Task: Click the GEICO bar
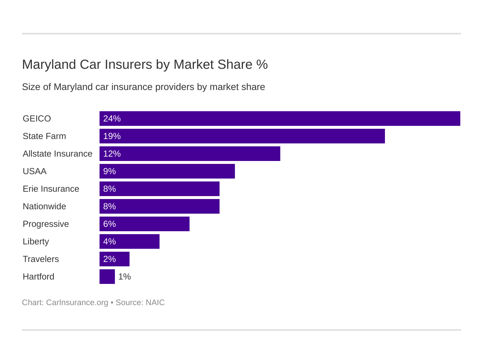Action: pos(280,119)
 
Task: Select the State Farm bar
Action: pos(242,136)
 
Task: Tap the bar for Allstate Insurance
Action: pos(190,154)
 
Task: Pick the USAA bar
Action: pos(167,171)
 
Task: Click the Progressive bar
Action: pos(145,224)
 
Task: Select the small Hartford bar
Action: pos(107,277)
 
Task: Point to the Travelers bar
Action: pos(115,259)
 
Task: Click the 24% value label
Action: pos(112,119)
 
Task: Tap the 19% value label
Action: pos(112,136)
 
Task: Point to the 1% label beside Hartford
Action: pos(124,277)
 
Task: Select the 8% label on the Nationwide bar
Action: pos(109,206)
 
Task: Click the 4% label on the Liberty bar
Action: pos(109,241)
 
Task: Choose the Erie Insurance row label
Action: pos(51,189)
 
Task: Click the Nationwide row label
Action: pos(44,206)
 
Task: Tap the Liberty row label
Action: pos(36,241)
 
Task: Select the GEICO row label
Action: pos(37,119)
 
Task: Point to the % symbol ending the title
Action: pos(262,64)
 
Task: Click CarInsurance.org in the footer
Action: pos(77,303)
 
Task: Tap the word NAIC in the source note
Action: pos(155,303)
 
